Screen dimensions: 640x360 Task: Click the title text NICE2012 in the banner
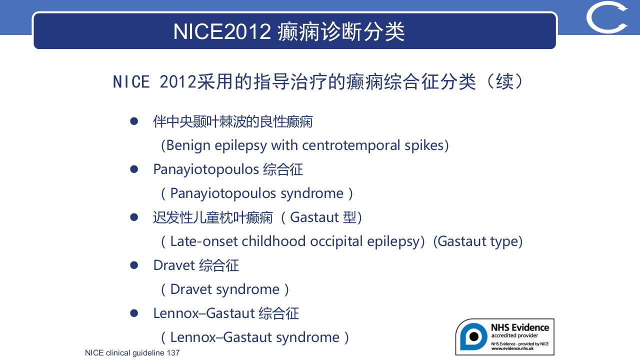click(222, 31)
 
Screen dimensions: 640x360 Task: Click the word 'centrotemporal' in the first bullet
click(351, 145)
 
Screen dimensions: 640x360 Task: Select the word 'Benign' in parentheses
click(188, 145)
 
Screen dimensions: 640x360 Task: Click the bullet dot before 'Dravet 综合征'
click(134, 265)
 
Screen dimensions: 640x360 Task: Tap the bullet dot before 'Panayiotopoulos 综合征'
click(134, 169)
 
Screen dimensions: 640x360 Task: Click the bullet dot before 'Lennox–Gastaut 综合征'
click(134, 313)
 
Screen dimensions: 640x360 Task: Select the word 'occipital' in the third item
click(336, 241)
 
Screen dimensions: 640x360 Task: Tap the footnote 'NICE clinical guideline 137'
click(132, 353)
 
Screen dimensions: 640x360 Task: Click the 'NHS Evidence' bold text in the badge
click(520, 327)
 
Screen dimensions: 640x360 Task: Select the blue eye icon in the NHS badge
click(473, 336)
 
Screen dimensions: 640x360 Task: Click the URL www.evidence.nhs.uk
click(512, 348)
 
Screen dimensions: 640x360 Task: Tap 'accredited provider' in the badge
click(514, 335)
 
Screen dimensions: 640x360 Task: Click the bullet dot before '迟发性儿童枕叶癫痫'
click(134, 217)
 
